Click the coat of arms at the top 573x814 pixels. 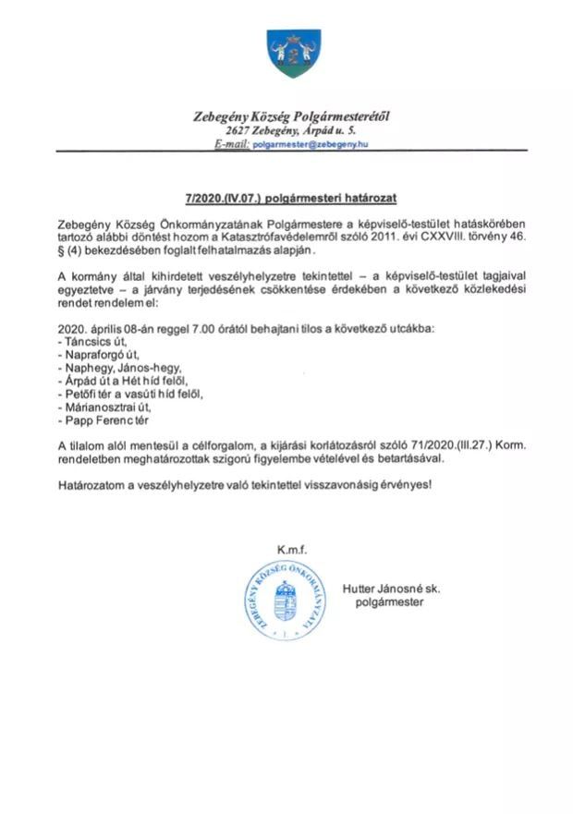coord(286,54)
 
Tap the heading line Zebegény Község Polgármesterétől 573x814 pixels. coord(286,116)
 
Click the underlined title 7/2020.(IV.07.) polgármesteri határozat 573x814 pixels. coord(286,198)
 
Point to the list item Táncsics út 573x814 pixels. coord(91,342)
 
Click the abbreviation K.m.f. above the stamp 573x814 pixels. coord(288,550)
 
